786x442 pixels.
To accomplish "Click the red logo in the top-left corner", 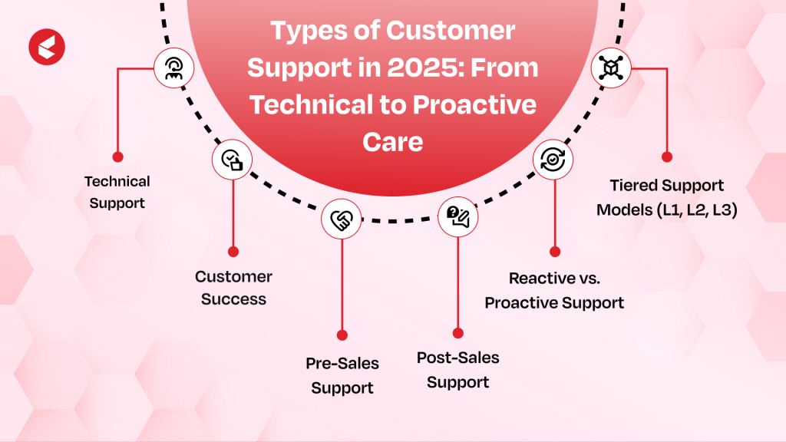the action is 47,47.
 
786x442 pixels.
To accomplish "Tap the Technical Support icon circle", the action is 174,68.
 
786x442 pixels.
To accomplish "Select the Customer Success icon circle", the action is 232,160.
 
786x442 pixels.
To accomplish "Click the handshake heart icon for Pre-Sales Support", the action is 342,219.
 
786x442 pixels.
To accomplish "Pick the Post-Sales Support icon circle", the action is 457,217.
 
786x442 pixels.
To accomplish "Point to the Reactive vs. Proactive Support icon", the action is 553,160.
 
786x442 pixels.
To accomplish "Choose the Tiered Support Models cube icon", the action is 611,68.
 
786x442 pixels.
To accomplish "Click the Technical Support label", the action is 117,193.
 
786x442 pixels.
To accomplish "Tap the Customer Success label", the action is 233,288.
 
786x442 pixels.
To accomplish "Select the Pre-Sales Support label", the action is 342,375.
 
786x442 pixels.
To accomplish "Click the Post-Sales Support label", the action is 458,370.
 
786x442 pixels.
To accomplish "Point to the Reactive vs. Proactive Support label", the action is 554,291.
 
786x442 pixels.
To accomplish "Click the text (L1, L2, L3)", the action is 697,209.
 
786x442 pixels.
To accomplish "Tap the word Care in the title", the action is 393,142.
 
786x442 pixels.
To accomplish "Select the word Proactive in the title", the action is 474,104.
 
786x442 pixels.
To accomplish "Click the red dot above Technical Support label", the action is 117,157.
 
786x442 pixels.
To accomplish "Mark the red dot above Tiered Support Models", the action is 667,157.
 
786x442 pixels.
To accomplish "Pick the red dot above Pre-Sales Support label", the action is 342,335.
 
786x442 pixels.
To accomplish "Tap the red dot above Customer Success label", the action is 233,252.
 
